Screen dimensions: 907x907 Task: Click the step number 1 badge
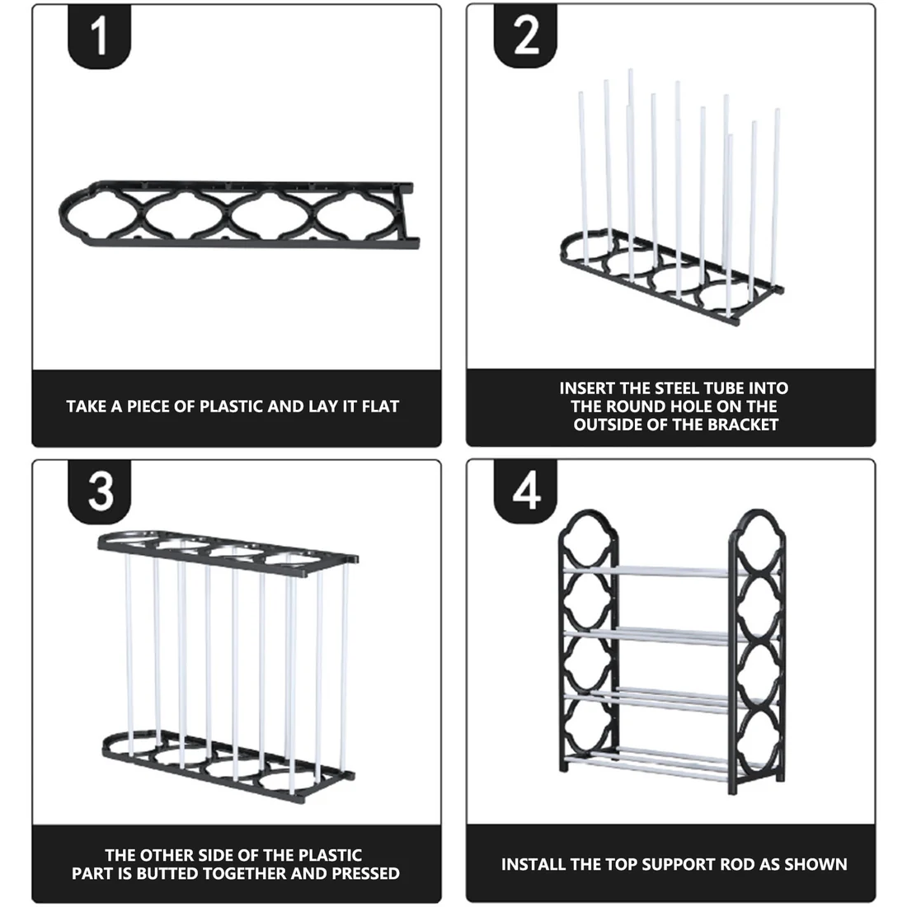coord(100,37)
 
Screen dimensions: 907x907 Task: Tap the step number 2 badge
coord(527,37)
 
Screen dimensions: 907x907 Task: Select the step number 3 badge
coord(101,492)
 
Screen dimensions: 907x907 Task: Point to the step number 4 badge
coord(527,492)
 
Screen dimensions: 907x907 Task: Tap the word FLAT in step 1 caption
coord(380,407)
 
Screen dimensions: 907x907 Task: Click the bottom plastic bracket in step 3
coord(227,759)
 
